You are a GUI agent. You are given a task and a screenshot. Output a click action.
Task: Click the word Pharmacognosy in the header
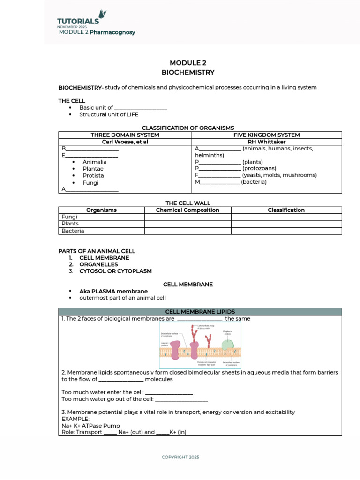click(x=112, y=32)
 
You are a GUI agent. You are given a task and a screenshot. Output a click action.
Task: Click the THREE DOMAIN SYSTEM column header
click(x=125, y=135)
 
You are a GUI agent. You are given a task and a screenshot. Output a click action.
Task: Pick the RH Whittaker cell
click(x=267, y=142)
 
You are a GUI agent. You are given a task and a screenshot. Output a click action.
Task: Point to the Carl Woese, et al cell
click(x=125, y=142)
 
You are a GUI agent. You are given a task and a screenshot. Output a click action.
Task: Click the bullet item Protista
click(x=93, y=176)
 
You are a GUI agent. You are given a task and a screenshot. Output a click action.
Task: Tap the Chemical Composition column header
click(x=187, y=210)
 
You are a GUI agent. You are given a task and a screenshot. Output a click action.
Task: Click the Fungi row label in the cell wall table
click(x=69, y=217)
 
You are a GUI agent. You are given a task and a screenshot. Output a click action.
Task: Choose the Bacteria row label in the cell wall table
click(x=73, y=231)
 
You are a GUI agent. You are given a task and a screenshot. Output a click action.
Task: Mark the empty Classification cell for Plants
click(x=286, y=224)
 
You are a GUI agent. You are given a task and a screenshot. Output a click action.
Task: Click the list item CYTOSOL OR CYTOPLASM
click(x=115, y=271)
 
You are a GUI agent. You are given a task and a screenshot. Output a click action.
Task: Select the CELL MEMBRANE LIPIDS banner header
click(x=200, y=312)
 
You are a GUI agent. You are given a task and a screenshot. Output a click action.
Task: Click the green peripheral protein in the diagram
click(x=228, y=345)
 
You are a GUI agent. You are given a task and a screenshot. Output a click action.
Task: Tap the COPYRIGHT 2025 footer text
click(x=180, y=457)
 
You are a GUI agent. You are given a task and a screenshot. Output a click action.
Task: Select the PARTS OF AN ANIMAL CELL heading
click(x=97, y=251)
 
